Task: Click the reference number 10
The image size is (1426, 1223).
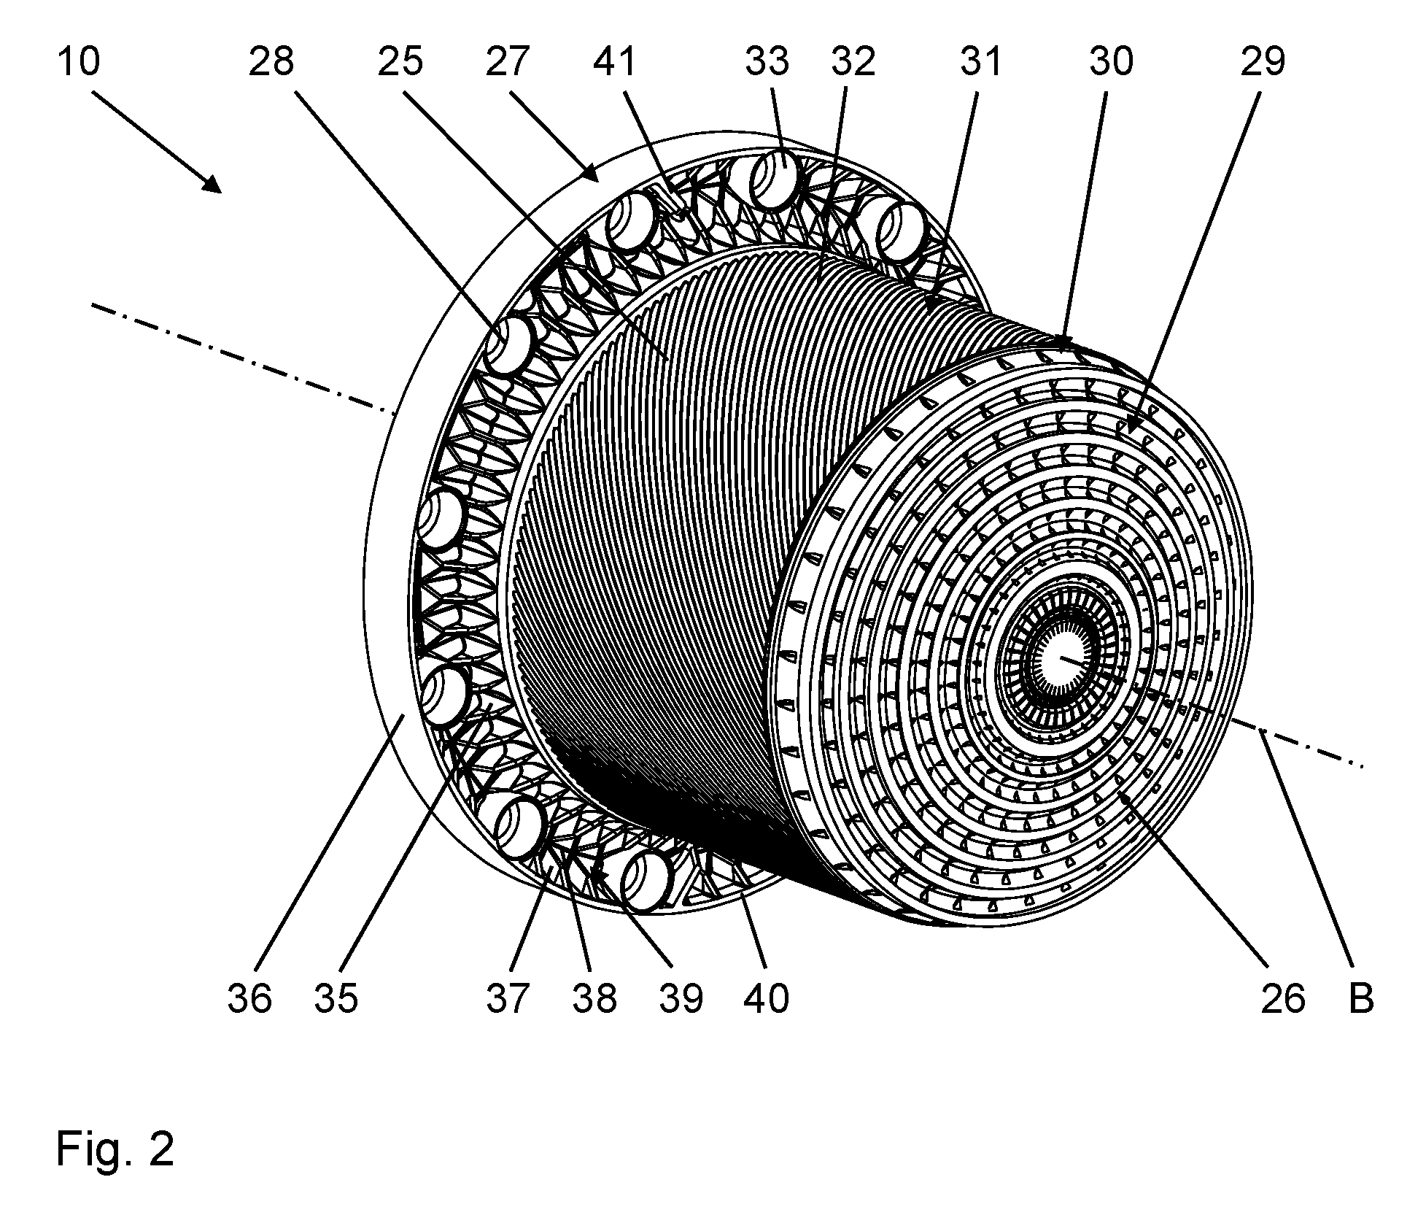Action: pyautogui.click(x=78, y=61)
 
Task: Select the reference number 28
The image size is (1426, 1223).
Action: pyautogui.click(x=271, y=61)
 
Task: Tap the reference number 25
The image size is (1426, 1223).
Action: pyautogui.click(x=400, y=61)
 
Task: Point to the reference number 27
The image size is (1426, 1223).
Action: pyautogui.click(x=507, y=61)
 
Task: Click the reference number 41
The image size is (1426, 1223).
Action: pyautogui.click(x=615, y=61)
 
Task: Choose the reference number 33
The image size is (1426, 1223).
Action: pyautogui.click(x=767, y=61)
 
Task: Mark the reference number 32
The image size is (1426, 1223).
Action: pyautogui.click(x=853, y=61)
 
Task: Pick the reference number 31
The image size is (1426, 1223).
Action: pyautogui.click(x=982, y=61)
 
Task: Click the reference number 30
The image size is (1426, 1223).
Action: pyautogui.click(x=1112, y=61)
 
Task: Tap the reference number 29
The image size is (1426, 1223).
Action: pyautogui.click(x=1263, y=61)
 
